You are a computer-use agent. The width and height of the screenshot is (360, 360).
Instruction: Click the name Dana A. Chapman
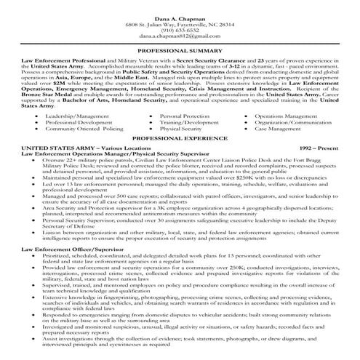click(x=180, y=7)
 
